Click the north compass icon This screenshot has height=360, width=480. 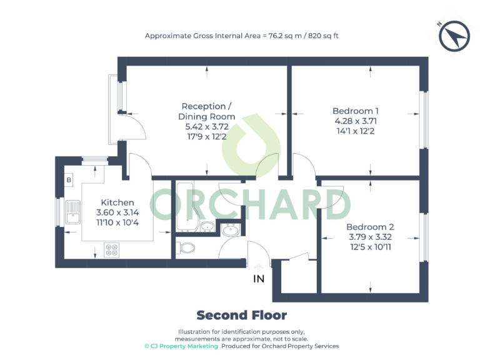[x=454, y=36]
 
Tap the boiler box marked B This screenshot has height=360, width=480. [x=68, y=181]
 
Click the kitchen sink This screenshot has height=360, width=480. [x=72, y=212]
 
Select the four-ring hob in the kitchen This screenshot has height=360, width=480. [x=112, y=250]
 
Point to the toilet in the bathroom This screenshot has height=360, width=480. [x=186, y=248]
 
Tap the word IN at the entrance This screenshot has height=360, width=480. [x=259, y=279]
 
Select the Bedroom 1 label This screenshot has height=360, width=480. [x=356, y=111]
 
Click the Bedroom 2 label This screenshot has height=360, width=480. [x=370, y=227]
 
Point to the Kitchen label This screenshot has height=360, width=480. [x=117, y=202]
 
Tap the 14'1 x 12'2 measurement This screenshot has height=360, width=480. [x=356, y=131]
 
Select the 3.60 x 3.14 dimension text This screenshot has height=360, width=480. [x=117, y=212]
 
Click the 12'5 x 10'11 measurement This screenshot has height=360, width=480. [x=370, y=247]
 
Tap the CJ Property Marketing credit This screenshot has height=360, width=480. [x=181, y=346]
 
